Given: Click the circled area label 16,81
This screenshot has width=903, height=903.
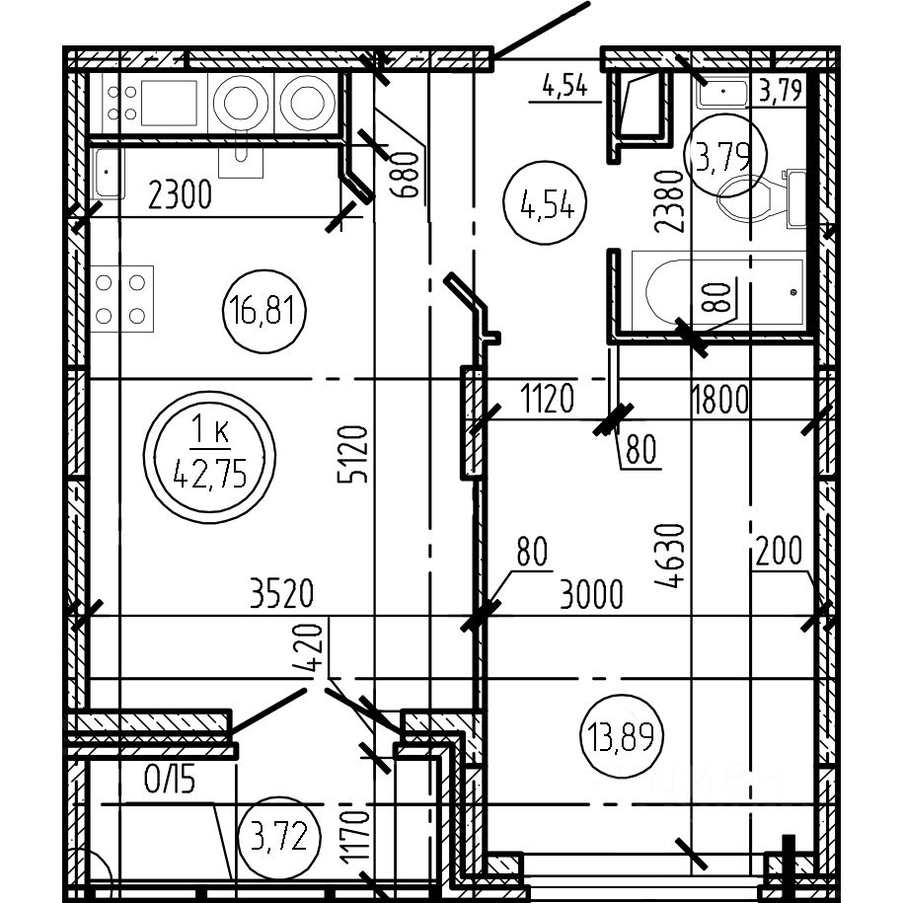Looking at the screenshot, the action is pos(264,311).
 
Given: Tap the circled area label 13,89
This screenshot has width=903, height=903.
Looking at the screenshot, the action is pos(622,736).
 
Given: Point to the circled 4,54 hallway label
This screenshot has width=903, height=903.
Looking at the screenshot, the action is pos(545,202).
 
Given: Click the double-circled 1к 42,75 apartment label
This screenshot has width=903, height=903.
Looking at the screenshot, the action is pos(209,457).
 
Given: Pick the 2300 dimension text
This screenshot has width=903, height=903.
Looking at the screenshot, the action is pos(181,194).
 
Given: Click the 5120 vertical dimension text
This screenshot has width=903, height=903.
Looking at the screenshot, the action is pos(352,454).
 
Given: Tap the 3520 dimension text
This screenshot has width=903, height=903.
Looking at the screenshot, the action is pos(282,594).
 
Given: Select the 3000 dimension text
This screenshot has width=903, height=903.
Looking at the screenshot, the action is pos(591,595).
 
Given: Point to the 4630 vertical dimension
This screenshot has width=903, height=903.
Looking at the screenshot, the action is pos(670,556).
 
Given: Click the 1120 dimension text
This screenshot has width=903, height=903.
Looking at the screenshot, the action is pos(547,398).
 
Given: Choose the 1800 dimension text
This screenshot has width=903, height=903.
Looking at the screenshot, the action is pos(719,400).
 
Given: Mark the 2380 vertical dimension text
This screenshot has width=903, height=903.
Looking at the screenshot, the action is pos(668,201).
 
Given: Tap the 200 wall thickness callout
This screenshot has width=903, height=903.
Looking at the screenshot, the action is pos(780,551).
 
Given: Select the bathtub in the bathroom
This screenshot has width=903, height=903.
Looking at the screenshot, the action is pos(717,291).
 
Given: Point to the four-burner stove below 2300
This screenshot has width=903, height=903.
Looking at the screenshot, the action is pos(121,299).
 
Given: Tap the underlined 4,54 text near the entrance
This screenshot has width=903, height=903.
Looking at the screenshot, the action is pos(564,87).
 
